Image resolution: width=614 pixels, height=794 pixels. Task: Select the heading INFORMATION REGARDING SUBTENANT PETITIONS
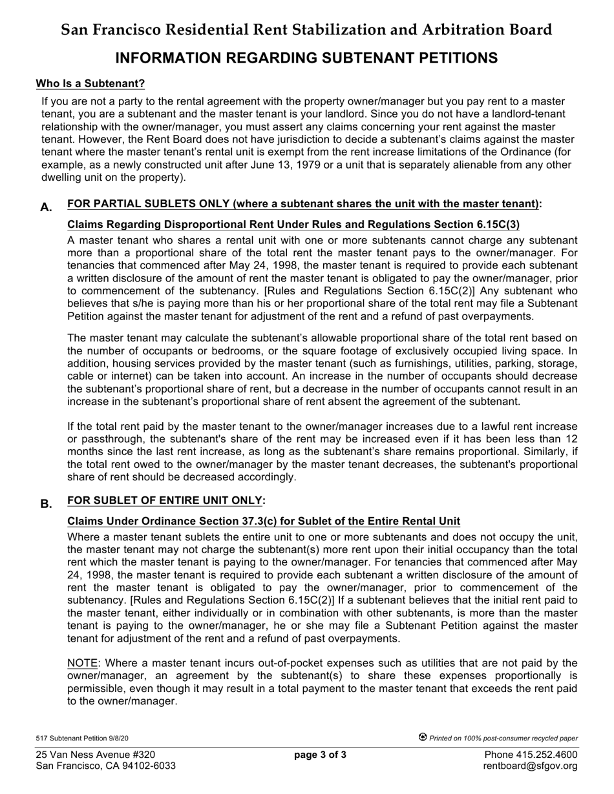(306, 58)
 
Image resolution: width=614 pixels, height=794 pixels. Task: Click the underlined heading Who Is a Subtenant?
(90, 84)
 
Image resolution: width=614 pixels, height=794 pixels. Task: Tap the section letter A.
(46, 207)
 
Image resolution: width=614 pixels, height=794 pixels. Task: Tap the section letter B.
(46, 504)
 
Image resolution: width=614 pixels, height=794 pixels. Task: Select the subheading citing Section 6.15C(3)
(293, 225)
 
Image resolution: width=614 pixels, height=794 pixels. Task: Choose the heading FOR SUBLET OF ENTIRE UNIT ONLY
(165, 501)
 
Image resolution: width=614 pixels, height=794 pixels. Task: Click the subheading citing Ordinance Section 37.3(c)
(264, 522)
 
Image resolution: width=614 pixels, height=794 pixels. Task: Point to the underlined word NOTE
(83, 663)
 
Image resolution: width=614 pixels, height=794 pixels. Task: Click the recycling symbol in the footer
(423, 737)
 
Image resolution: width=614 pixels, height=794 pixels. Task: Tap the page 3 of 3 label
(320, 755)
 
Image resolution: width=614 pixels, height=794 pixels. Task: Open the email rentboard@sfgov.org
(531, 766)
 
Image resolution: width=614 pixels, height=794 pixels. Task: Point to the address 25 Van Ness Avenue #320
(95, 755)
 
